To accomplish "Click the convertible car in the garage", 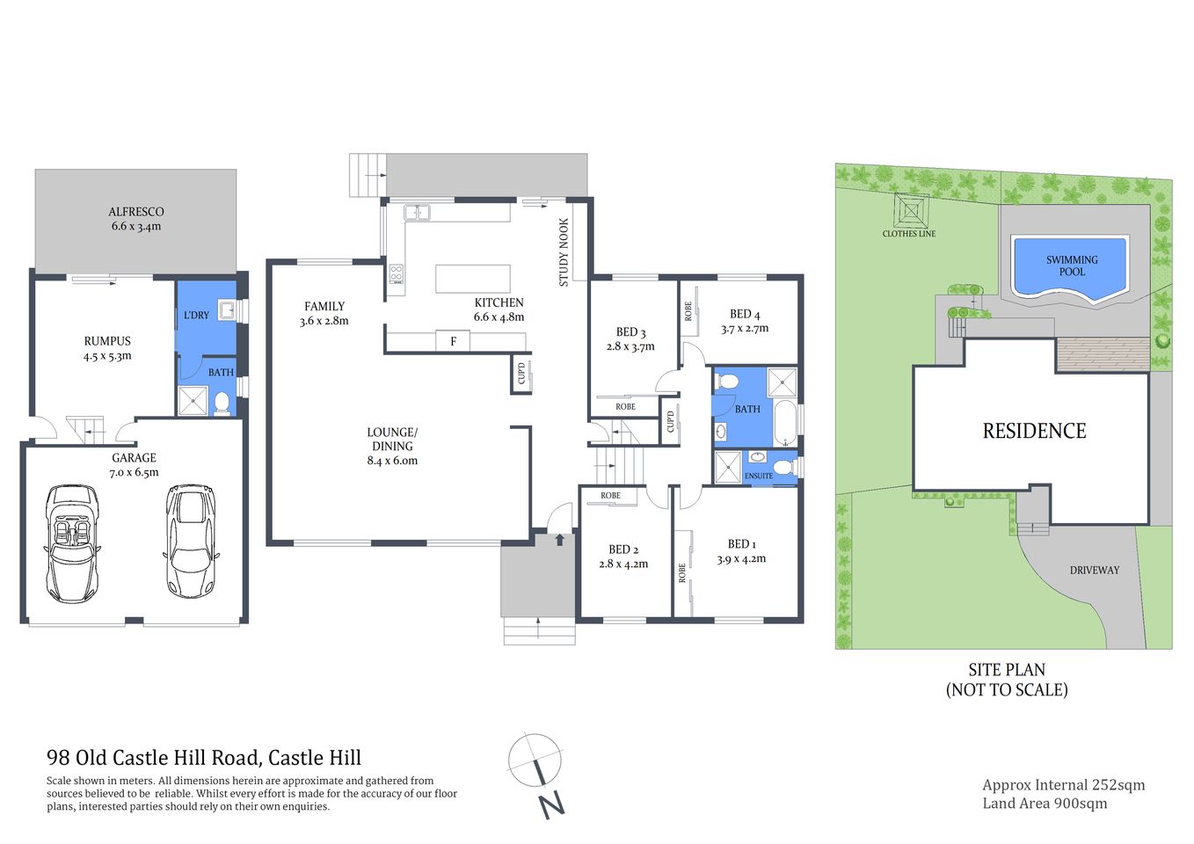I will click(x=73, y=542).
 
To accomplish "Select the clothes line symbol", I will click(x=910, y=212).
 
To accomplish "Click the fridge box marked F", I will click(x=454, y=341).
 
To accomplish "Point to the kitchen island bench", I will click(x=473, y=279).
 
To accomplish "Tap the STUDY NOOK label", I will click(x=564, y=252).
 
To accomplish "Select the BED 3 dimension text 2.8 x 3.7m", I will click(x=630, y=346).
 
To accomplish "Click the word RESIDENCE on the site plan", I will click(x=1034, y=431).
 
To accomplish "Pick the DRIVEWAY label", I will click(x=1094, y=570).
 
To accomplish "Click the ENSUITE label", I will click(x=759, y=476).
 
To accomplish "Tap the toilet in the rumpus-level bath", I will click(x=222, y=403).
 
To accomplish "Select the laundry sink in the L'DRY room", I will click(x=227, y=310).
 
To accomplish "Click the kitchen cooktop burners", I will click(x=397, y=274).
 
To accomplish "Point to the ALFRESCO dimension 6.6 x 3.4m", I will click(x=136, y=226).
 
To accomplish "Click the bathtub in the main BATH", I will click(x=784, y=423).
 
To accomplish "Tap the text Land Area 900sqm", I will click(x=1045, y=803).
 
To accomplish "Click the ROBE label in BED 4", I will click(x=688, y=310).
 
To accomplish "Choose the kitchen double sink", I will click(x=417, y=212).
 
